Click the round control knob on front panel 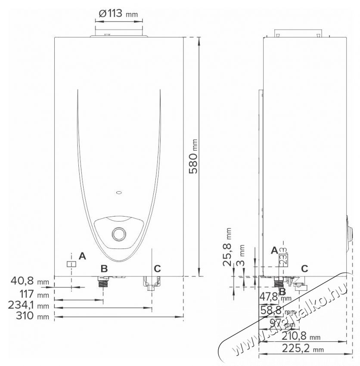(x=118, y=235)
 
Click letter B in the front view (x=104, y=269)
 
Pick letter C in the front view (x=157, y=269)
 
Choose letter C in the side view (x=304, y=269)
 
